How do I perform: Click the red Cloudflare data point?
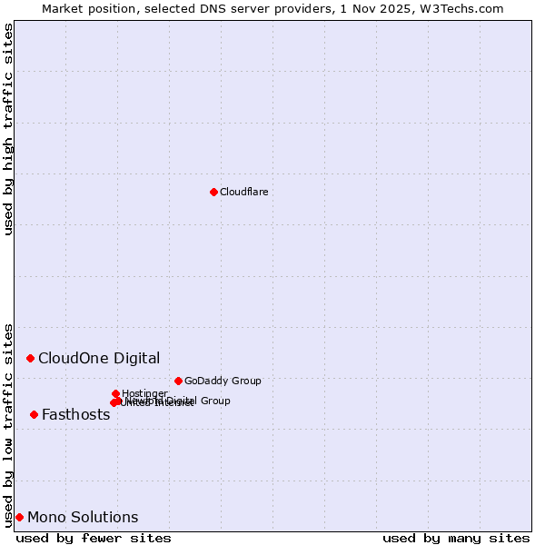click(x=213, y=192)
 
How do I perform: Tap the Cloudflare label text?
click(x=243, y=192)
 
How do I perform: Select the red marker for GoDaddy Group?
click(x=178, y=381)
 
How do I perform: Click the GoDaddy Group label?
click(x=223, y=381)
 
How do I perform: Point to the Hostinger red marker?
click(x=115, y=393)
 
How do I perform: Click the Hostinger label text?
click(x=144, y=393)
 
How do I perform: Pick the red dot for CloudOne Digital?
click(x=30, y=358)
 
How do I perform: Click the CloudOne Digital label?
click(x=99, y=358)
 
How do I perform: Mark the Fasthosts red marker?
click(x=34, y=414)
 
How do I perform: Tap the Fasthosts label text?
click(x=75, y=415)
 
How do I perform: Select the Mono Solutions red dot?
click(x=19, y=517)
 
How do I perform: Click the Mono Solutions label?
click(x=83, y=518)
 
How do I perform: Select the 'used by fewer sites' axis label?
click(x=94, y=538)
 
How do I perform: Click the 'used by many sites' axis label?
click(x=456, y=538)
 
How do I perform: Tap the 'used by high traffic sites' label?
click(x=8, y=129)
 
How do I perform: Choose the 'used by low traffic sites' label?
click(x=8, y=424)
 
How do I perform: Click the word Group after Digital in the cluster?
click(x=214, y=401)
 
